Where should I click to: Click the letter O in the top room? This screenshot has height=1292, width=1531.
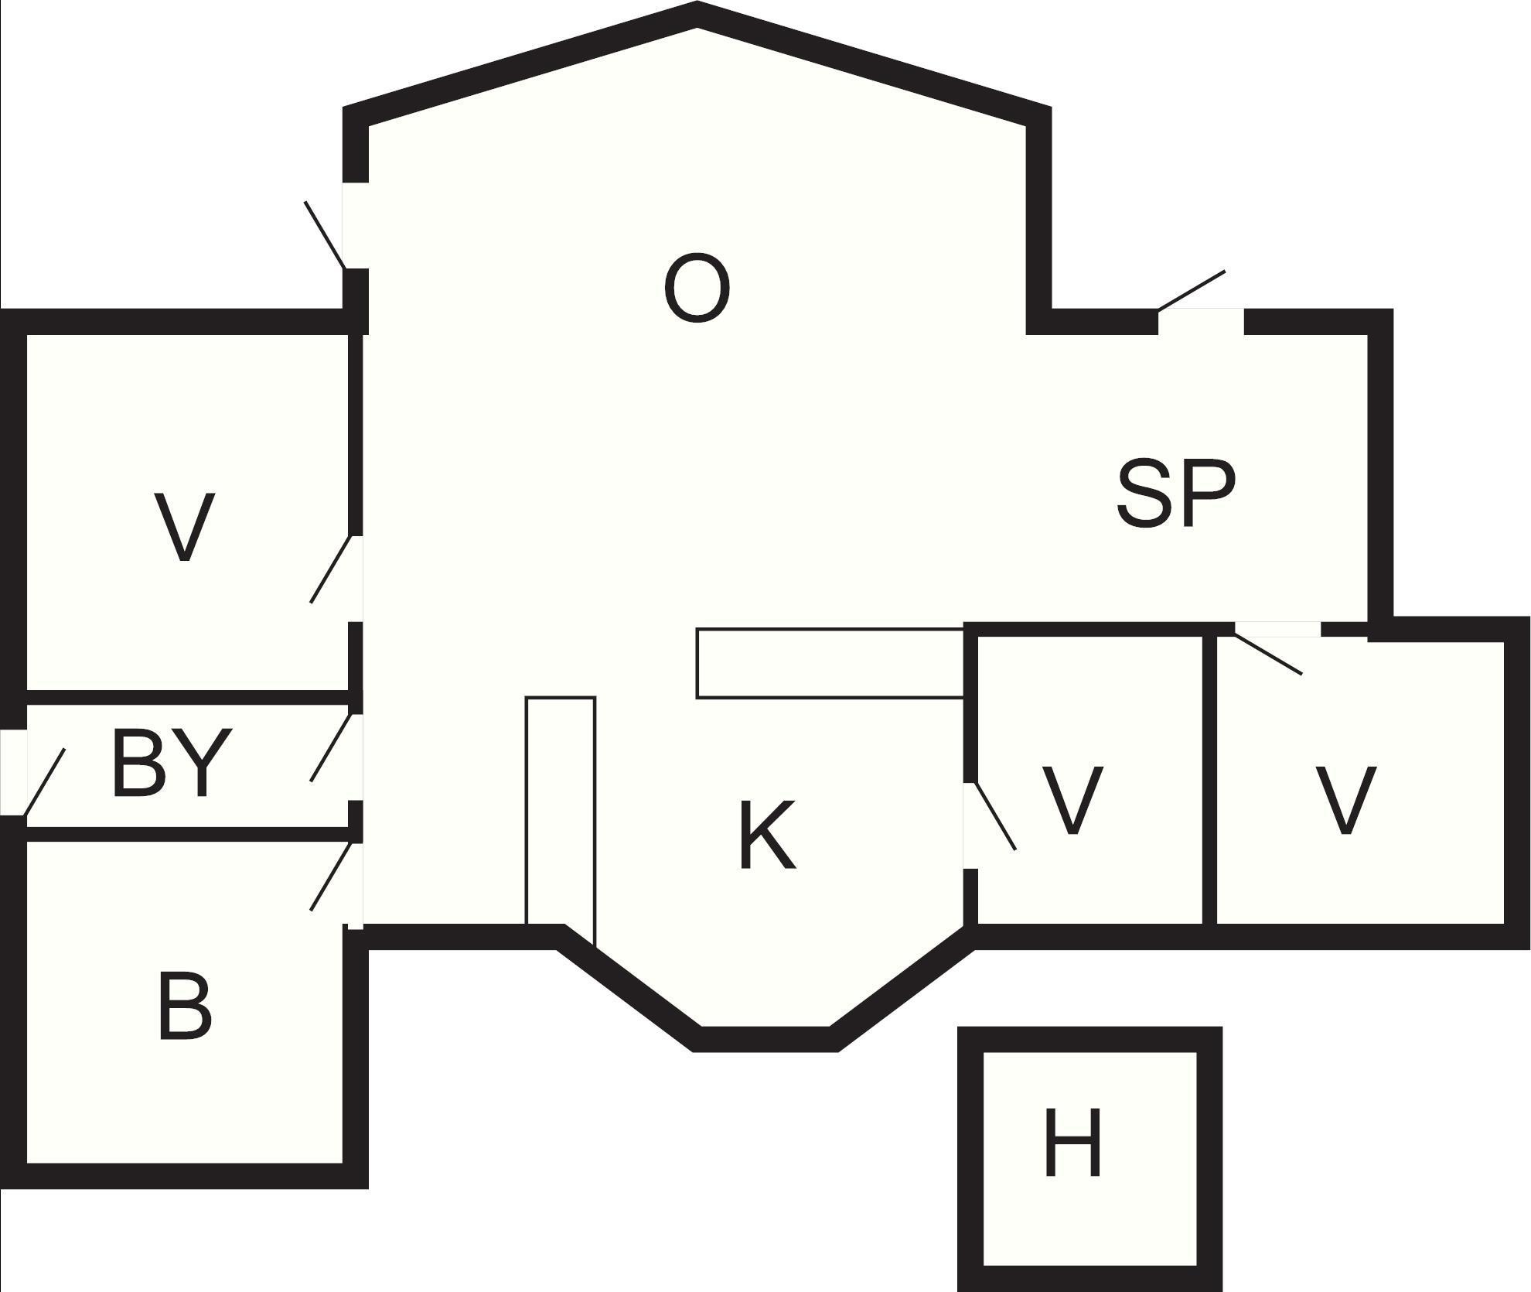coord(697,287)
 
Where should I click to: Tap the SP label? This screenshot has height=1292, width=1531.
coord(1176,494)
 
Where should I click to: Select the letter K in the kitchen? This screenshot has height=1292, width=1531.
coord(767,836)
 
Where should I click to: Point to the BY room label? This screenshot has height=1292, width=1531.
coord(171,761)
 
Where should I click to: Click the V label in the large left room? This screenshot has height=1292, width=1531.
coord(184,527)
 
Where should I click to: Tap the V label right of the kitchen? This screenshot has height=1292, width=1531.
coord(1072,801)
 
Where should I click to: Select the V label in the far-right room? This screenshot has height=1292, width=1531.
coord(1346,801)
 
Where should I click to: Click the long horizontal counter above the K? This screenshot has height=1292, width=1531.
coord(830,663)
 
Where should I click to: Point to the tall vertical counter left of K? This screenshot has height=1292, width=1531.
coord(561,820)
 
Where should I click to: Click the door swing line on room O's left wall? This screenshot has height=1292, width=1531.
coord(325,235)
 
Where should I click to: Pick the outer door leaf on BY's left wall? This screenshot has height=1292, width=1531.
coord(44,782)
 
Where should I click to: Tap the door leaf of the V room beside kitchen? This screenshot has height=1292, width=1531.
coord(995,817)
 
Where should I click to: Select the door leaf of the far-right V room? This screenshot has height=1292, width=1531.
coord(1268,655)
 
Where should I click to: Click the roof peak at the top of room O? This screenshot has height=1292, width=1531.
coord(697,14)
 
